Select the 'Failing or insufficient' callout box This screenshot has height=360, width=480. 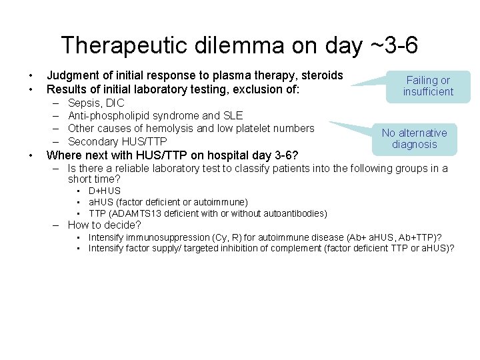428,86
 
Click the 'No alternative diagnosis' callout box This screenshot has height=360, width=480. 414,139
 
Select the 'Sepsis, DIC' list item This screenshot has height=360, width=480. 96,103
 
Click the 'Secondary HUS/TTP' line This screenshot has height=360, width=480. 117,141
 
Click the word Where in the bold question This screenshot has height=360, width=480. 63,155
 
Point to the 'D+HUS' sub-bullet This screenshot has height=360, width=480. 105,191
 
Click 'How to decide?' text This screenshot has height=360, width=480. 105,225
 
